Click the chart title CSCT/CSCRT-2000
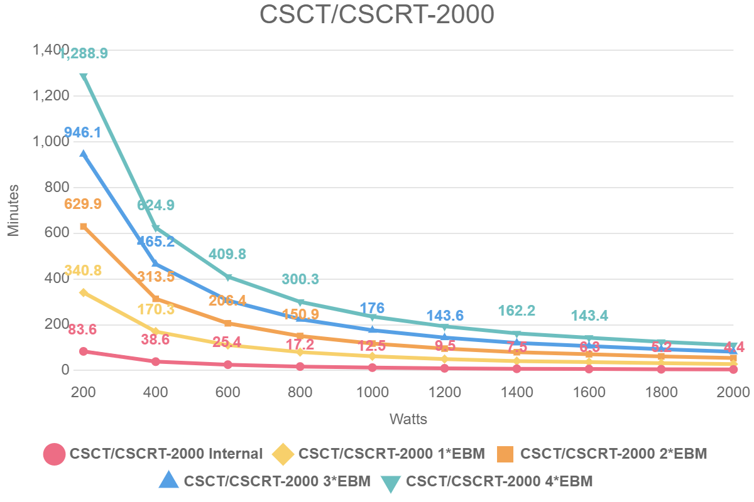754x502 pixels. point(377,16)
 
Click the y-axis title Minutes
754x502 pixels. point(13,210)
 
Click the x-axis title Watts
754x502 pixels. point(408,419)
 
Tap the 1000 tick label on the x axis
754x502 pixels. point(373,392)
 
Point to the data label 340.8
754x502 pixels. point(83,271)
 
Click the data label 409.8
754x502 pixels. point(227,254)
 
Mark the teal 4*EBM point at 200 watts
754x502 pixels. point(83,77)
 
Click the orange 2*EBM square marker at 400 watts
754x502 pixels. point(156,299)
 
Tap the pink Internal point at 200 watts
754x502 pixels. point(83,351)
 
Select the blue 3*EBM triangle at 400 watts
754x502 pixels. point(156,264)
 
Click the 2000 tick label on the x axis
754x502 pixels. point(733,392)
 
